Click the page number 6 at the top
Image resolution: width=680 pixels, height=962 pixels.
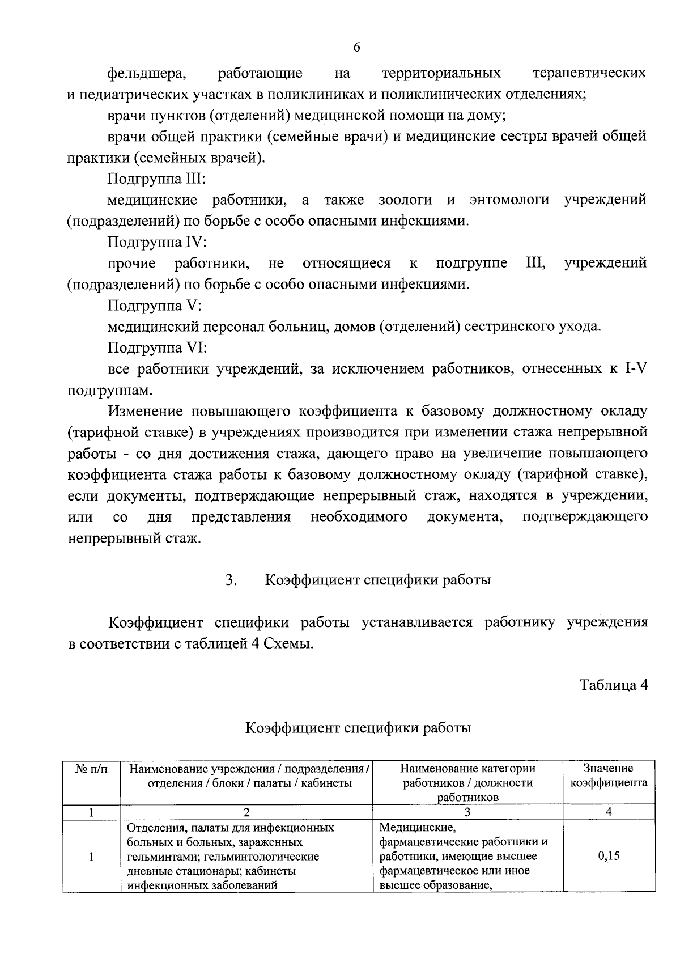point(356,48)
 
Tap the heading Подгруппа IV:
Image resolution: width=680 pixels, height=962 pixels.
point(157,243)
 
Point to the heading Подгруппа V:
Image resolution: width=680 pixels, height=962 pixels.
point(154,306)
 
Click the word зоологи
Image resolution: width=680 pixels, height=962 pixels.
point(405,200)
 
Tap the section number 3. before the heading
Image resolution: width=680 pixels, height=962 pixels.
point(231,580)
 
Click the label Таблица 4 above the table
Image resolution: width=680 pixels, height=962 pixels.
point(613,685)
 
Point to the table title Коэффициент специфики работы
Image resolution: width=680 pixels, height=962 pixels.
point(358,727)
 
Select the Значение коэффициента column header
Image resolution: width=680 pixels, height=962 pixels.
point(609,776)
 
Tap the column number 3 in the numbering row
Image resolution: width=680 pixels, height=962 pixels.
point(467,812)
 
